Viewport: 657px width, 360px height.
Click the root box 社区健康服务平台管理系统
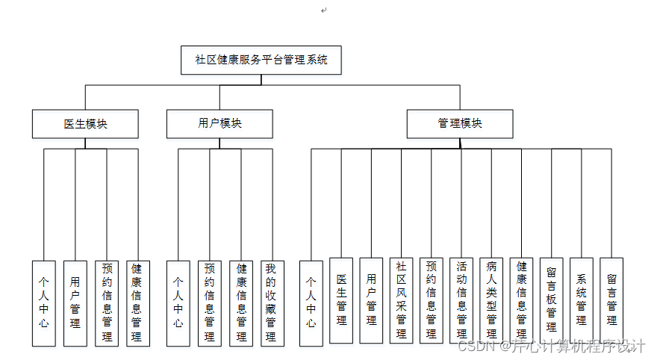[x=261, y=60]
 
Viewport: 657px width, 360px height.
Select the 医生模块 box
[x=85, y=124]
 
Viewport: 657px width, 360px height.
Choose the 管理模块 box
[x=460, y=124]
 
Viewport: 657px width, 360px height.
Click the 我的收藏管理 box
[x=273, y=302]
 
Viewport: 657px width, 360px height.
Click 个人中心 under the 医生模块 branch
[x=44, y=302]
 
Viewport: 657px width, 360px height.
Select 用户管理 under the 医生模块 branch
[x=75, y=302]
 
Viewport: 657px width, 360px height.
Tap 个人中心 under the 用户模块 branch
[x=178, y=302]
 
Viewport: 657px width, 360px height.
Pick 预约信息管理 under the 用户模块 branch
[x=209, y=302]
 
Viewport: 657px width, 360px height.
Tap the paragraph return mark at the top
[x=324, y=10]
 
